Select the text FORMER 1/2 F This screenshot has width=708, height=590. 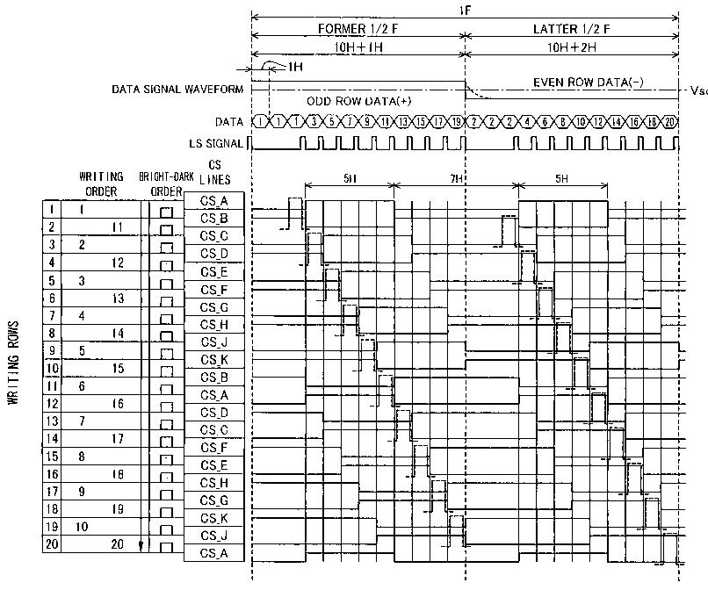[357, 29]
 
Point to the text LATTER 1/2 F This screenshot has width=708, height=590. [571, 29]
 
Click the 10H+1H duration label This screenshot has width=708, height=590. [357, 47]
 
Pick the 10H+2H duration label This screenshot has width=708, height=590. [571, 47]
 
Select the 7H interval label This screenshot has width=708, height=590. [456, 178]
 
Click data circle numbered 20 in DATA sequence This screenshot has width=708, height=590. [670, 121]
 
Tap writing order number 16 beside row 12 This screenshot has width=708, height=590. [118, 404]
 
